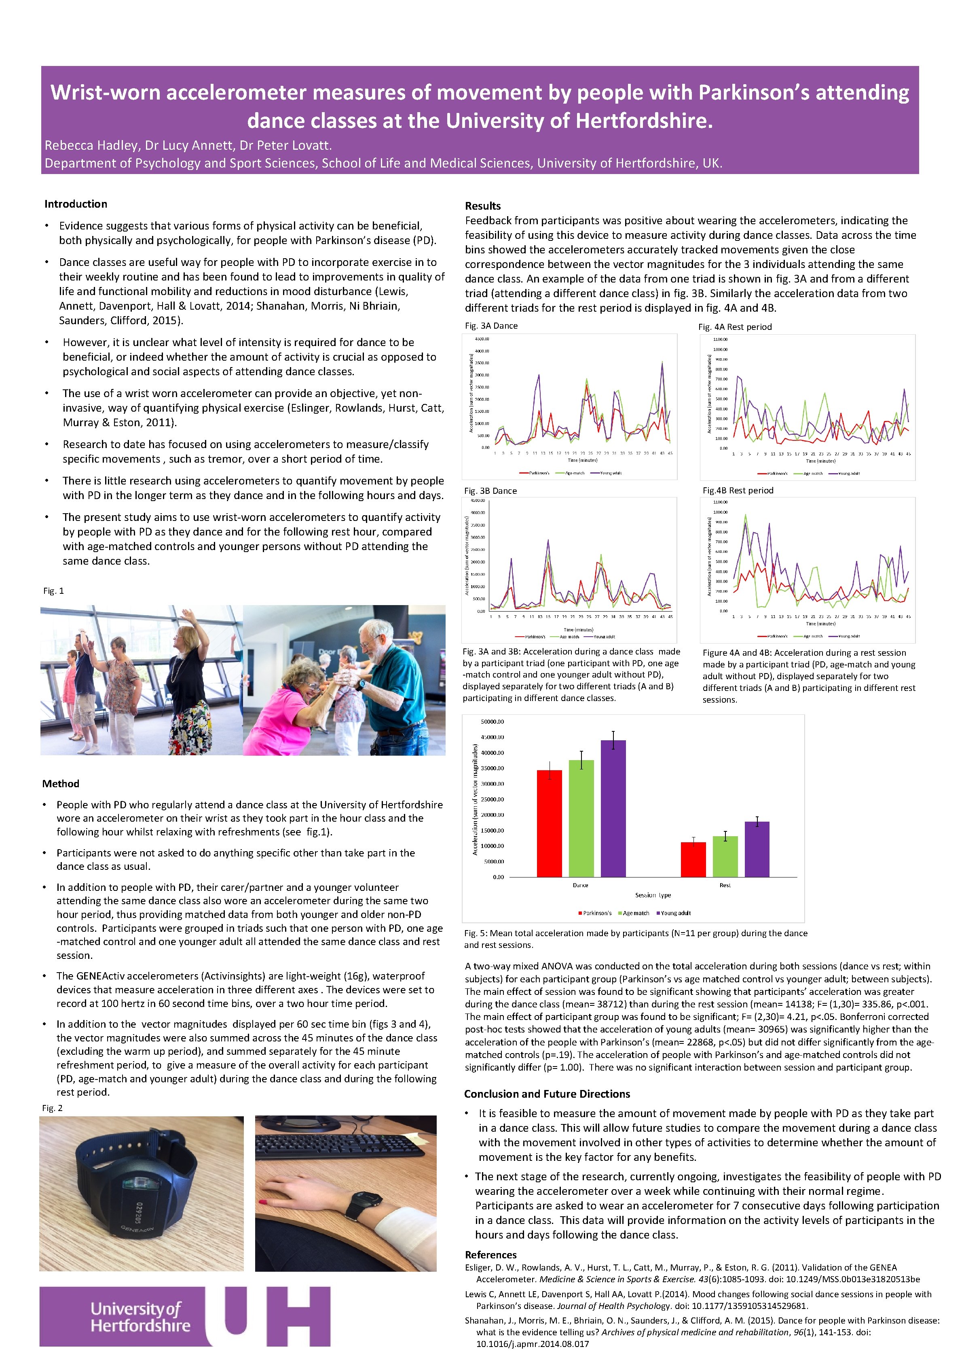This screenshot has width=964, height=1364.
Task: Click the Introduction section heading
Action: [x=75, y=204]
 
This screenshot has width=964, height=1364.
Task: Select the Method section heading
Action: [x=61, y=784]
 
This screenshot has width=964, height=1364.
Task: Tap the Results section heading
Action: [x=482, y=206]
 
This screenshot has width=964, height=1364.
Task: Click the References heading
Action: [x=490, y=1255]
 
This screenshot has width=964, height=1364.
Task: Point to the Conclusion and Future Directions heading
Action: [x=547, y=1094]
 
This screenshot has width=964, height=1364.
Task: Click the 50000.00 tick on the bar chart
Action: [x=492, y=722]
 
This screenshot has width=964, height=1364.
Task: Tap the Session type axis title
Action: [x=653, y=894]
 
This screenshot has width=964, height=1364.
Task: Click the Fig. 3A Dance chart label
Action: [x=491, y=325]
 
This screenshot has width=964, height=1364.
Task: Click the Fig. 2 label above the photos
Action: [x=52, y=1108]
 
